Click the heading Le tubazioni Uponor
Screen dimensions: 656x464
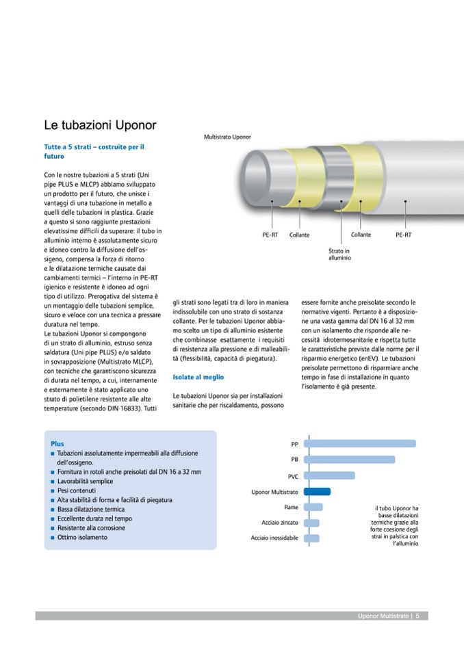pyautogui.click(x=100, y=126)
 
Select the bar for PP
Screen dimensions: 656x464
pyautogui.click(x=359, y=443)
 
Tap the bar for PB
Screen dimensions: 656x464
pyautogui.click(x=349, y=459)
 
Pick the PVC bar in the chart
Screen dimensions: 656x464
pyautogui.click(x=329, y=475)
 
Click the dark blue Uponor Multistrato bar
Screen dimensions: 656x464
pyautogui.click(x=317, y=491)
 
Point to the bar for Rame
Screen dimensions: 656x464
pyautogui.click(x=313, y=507)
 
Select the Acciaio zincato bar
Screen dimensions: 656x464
pyautogui.click(x=311, y=523)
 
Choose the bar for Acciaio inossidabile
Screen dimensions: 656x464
pyautogui.click(x=311, y=538)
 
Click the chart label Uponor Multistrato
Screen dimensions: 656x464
pyautogui.click(x=274, y=492)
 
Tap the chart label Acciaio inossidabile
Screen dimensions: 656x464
pyautogui.click(x=274, y=539)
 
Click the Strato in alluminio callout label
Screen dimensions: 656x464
pyautogui.click(x=339, y=254)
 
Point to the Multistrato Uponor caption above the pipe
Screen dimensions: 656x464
pyautogui.click(x=227, y=137)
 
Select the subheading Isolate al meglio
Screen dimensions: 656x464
pyautogui.click(x=198, y=377)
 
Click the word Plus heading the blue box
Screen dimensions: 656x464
pyautogui.click(x=57, y=444)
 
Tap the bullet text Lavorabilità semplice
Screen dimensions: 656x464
pyautogui.click(x=86, y=482)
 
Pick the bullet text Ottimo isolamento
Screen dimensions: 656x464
pyautogui.click(x=82, y=537)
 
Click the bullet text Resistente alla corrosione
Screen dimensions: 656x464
pyautogui.click(x=91, y=528)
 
